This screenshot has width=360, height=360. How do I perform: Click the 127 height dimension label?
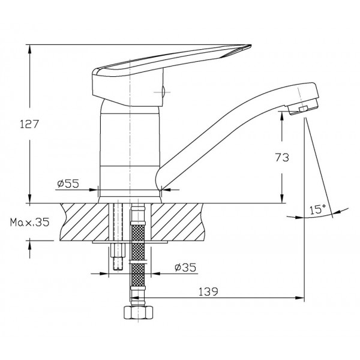(x=29, y=124)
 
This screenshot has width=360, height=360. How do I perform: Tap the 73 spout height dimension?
(x=282, y=157)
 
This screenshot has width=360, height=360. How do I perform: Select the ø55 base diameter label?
(x=68, y=184)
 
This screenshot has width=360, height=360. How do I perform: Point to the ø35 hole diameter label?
(x=185, y=267)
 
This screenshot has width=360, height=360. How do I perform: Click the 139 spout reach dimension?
(x=208, y=292)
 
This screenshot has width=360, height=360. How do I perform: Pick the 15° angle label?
(x=318, y=209)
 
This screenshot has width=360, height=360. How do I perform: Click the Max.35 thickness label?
(x=29, y=222)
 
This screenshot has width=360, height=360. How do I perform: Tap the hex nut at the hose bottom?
(x=138, y=312)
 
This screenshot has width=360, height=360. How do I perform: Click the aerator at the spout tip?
(x=303, y=107)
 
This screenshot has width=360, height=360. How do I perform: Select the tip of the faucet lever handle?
(x=251, y=46)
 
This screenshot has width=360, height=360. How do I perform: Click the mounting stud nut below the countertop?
(x=118, y=250)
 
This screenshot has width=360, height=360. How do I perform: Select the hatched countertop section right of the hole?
(x=177, y=222)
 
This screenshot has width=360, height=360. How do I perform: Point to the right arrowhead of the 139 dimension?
(x=299, y=298)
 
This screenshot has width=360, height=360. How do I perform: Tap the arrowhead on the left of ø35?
(x=104, y=274)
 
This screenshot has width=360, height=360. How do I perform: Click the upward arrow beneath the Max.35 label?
(x=30, y=250)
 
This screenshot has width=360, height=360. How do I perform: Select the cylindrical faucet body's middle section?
(x=130, y=139)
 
